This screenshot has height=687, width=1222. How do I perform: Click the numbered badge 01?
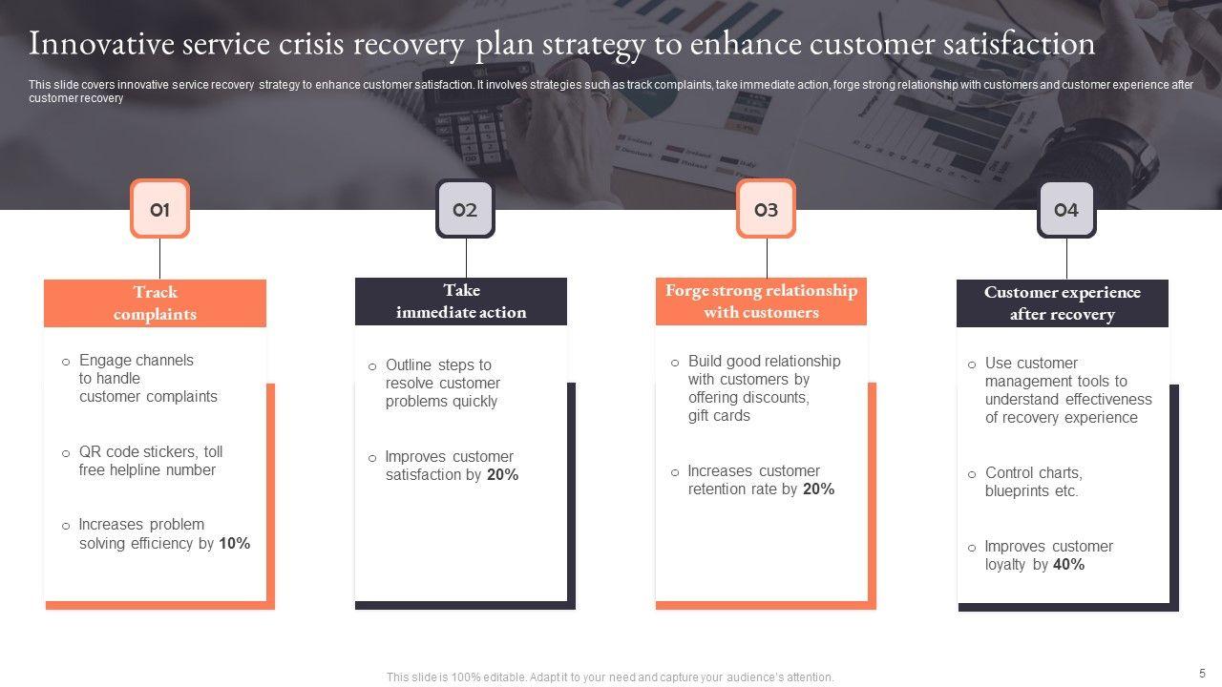[x=159, y=209]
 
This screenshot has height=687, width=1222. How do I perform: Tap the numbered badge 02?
[x=465, y=209]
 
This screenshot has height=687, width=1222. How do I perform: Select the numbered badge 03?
[x=766, y=209]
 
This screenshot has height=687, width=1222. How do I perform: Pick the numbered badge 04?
[x=1066, y=209]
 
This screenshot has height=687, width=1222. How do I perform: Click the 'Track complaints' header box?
[x=155, y=303]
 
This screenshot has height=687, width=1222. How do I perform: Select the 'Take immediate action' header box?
[x=461, y=302]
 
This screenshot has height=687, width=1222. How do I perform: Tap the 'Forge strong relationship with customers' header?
[x=761, y=302]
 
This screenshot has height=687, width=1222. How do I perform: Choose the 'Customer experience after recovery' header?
[x=1063, y=303]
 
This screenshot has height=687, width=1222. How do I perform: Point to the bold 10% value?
[x=235, y=544]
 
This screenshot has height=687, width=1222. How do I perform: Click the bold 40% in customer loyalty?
[x=1069, y=565]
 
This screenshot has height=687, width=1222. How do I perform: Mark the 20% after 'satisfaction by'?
[x=502, y=475]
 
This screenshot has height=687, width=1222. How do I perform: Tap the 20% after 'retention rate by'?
[x=818, y=489]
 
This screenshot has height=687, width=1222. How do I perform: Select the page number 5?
[x=1202, y=672]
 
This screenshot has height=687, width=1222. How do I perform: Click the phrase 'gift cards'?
[x=719, y=416]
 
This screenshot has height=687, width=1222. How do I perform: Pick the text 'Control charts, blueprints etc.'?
[x=1033, y=482]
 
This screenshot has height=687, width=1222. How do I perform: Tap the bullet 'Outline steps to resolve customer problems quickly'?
[x=442, y=384]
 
